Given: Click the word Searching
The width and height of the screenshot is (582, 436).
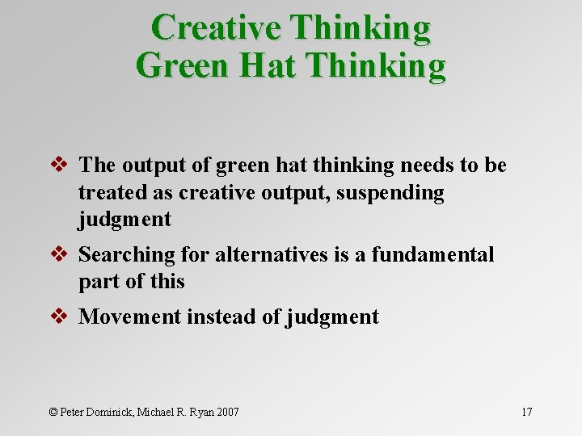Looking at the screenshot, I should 127,255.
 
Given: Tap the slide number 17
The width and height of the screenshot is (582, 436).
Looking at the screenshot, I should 526,413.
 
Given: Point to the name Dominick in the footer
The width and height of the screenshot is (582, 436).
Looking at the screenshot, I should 113,413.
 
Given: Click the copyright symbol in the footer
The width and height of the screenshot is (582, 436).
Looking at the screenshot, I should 53,413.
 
